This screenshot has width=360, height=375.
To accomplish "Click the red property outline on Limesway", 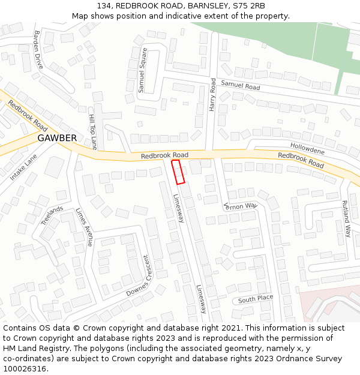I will tap(178, 172).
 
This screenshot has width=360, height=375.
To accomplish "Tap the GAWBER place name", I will tap(57, 138).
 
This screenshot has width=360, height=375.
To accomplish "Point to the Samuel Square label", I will tap(143, 74).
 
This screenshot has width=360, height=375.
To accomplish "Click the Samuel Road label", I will tap(240, 86).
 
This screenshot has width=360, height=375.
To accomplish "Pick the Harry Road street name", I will tap(212, 93).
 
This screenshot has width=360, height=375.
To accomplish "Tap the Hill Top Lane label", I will tap(93, 131).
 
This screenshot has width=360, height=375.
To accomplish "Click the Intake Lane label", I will tap(23, 167).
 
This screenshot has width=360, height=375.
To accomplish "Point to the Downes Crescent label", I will tap(141, 275).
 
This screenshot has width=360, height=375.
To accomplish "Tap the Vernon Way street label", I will tap(240, 206).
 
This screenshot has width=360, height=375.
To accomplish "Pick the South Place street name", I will tap(255, 299).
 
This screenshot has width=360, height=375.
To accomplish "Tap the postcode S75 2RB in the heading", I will tap(249, 5).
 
